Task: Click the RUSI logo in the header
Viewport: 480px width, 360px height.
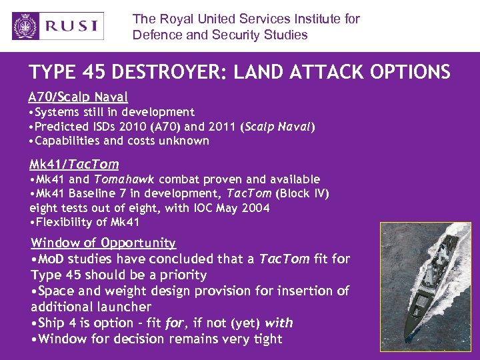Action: point(58,26)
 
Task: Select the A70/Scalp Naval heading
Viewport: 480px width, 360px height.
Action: point(79,97)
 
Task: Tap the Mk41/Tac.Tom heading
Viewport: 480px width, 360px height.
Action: point(74,164)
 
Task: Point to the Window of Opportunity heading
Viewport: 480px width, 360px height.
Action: point(103,243)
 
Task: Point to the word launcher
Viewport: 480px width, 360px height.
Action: point(125,307)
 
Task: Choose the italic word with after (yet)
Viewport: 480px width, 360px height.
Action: point(279,323)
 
